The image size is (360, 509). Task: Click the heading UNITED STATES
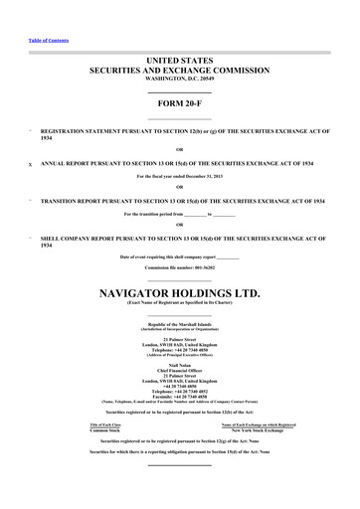pos(180,62)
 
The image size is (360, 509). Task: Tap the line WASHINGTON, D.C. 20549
pos(180,80)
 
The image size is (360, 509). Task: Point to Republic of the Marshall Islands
pos(180,325)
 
